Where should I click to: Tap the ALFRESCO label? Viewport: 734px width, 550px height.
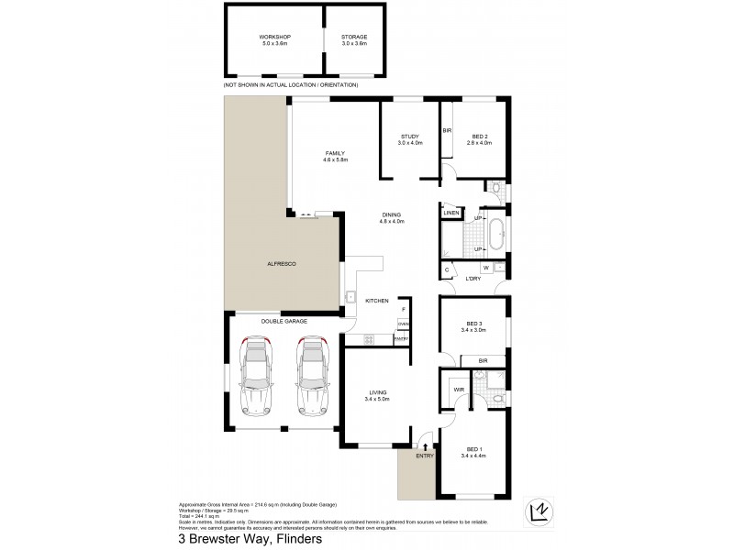point(283,263)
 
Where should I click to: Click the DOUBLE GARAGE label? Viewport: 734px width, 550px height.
point(283,321)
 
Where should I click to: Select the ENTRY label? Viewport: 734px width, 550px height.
point(424,456)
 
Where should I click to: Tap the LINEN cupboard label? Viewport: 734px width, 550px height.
point(450,214)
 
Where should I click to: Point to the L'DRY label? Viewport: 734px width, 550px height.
point(473,279)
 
